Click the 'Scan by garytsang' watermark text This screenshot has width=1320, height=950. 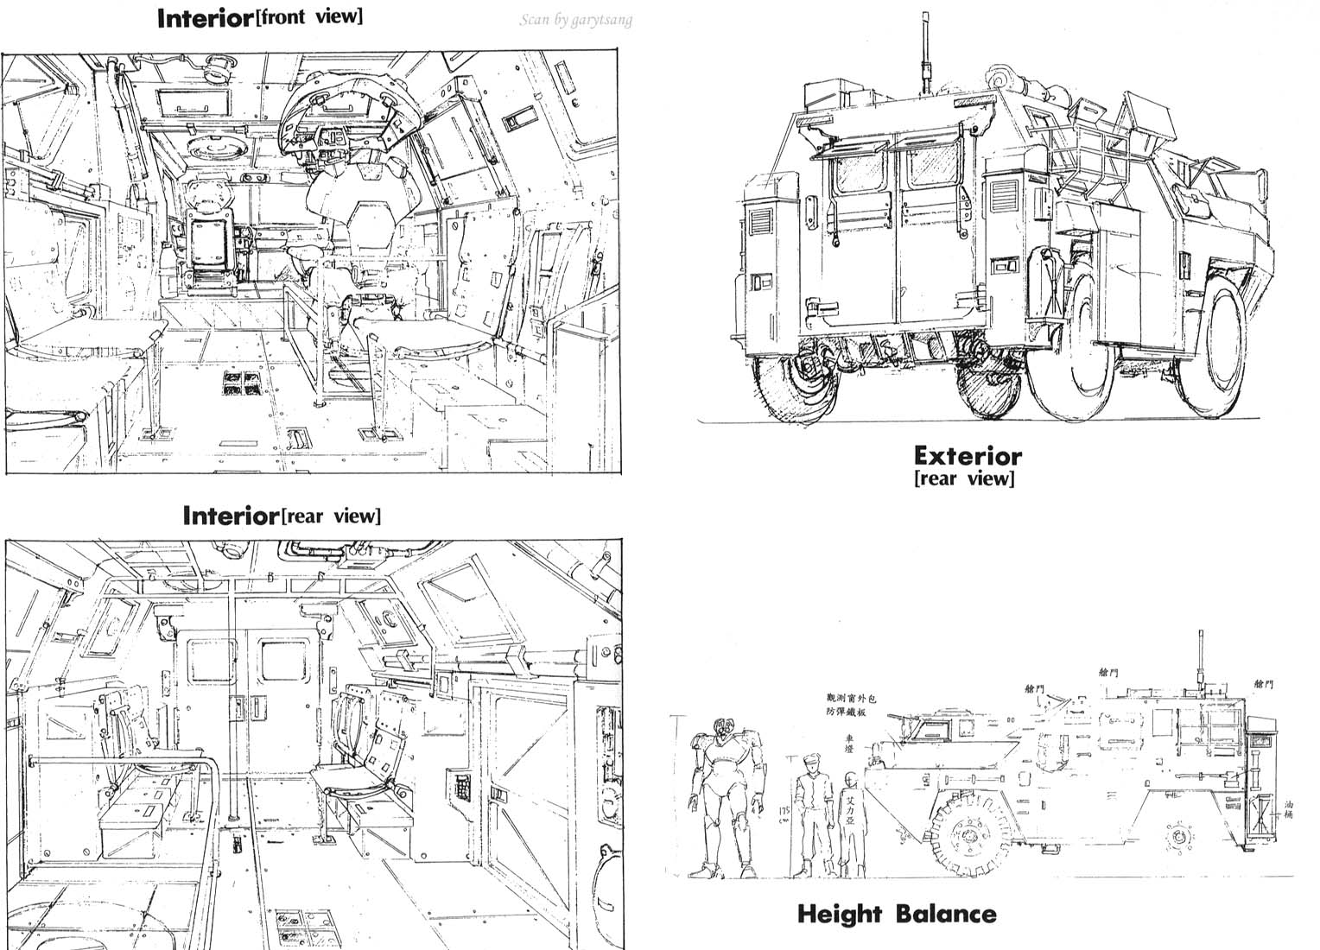pos(574,20)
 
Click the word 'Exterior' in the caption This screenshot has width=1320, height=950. pos(968,455)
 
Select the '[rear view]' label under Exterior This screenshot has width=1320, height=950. pos(964,478)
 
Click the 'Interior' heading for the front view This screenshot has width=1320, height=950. pos(204,19)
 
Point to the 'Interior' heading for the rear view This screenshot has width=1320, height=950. pos(231,516)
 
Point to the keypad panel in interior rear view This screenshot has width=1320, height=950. pos(463,785)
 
